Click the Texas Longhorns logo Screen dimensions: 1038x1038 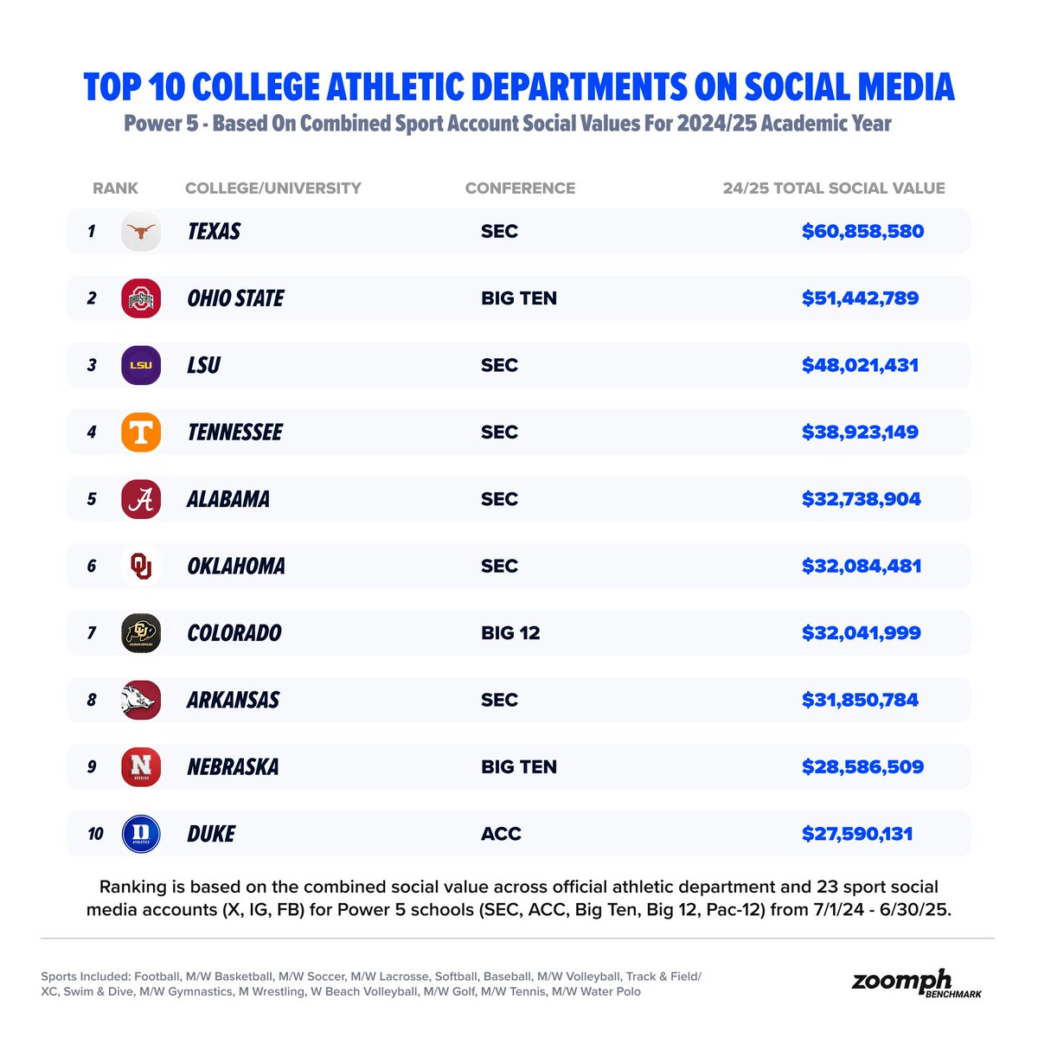tap(141, 232)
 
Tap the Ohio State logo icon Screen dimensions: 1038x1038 tap(141, 298)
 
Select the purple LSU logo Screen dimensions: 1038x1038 tap(141, 365)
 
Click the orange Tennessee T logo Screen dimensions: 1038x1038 tap(141, 432)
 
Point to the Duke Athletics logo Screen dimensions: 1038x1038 tap(141, 834)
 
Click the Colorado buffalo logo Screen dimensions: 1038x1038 tap(141, 633)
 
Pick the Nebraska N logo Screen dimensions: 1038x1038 tap(141, 767)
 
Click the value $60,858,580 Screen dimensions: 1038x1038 tap(862, 232)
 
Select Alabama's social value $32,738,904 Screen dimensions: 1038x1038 tap(861, 499)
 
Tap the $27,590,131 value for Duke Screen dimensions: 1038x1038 tap(857, 834)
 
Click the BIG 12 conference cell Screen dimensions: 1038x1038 tap(510, 633)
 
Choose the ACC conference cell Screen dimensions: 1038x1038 tap(501, 834)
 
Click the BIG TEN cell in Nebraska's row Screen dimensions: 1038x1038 tap(518, 767)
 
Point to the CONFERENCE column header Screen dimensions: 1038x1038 tap(520, 189)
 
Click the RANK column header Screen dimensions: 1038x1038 tap(115, 189)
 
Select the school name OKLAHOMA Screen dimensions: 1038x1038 tap(236, 567)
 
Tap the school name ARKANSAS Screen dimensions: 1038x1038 tap(233, 700)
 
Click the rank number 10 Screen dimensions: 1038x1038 tap(95, 834)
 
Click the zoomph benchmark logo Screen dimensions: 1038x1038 tap(915, 984)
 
